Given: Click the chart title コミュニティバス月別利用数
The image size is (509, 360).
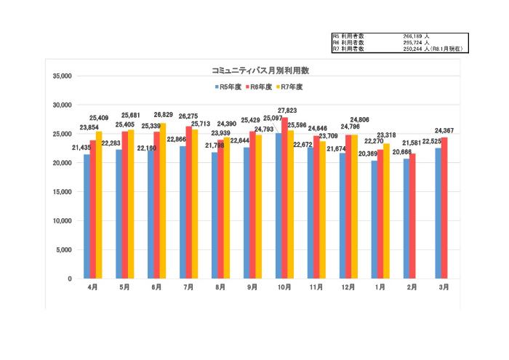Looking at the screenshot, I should [260, 71].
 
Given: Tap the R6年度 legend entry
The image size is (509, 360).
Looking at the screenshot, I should [260, 87].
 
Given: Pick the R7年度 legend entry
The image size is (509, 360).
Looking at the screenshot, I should [289, 87].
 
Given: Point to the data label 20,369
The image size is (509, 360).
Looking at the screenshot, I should [367, 153].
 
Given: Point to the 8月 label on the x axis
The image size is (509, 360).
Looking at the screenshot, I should [220, 287].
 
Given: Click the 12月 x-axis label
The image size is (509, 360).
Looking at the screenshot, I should [348, 287].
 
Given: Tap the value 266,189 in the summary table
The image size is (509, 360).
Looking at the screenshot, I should [414, 36].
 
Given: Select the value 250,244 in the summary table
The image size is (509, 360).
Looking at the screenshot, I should [414, 49].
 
